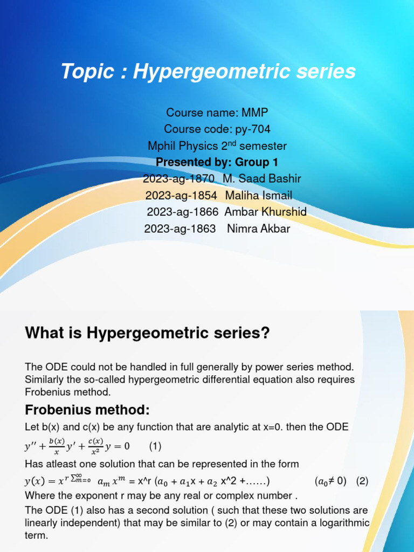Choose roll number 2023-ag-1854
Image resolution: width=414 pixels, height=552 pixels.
pyautogui.click(x=181, y=195)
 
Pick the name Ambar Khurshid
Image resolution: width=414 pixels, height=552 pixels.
pyautogui.click(x=265, y=212)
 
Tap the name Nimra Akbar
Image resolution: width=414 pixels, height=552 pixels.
pyautogui.click(x=259, y=229)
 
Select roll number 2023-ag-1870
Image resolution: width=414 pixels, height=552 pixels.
pyautogui.click(x=179, y=178)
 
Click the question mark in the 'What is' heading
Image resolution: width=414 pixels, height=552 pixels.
pyautogui.click(x=264, y=333)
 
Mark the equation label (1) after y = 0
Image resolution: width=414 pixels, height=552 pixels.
pyautogui.click(x=155, y=447)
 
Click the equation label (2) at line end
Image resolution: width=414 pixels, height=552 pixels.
pyautogui.click(x=362, y=481)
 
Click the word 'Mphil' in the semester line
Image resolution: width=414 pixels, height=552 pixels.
pyautogui.click(x=161, y=146)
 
